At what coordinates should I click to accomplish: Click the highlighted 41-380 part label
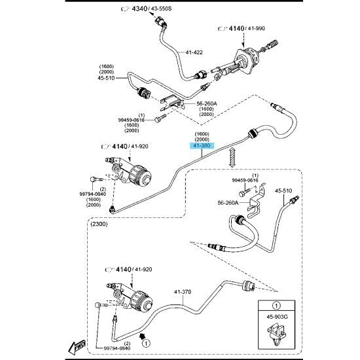(x=202, y=145)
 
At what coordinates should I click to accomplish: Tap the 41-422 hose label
(x=194, y=52)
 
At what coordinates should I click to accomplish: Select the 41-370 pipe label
(x=183, y=292)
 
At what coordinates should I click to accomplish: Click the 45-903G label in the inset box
(x=277, y=317)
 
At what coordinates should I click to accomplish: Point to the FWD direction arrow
(x=77, y=347)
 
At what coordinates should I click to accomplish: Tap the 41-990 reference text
(x=256, y=28)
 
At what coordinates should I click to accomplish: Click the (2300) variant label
(x=99, y=224)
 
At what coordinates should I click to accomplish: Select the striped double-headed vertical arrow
(x=232, y=158)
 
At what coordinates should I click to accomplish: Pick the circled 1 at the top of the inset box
(x=276, y=306)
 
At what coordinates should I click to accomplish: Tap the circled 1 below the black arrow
(x=146, y=344)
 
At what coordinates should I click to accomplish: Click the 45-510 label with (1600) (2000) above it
(x=106, y=78)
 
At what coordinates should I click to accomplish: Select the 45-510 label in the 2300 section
(x=283, y=190)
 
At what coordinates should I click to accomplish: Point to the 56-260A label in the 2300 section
(x=228, y=203)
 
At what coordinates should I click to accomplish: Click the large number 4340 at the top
(x=140, y=9)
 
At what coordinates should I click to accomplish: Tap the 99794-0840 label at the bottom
(x=117, y=348)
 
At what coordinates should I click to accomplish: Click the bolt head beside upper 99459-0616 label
(x=158, y=119)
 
